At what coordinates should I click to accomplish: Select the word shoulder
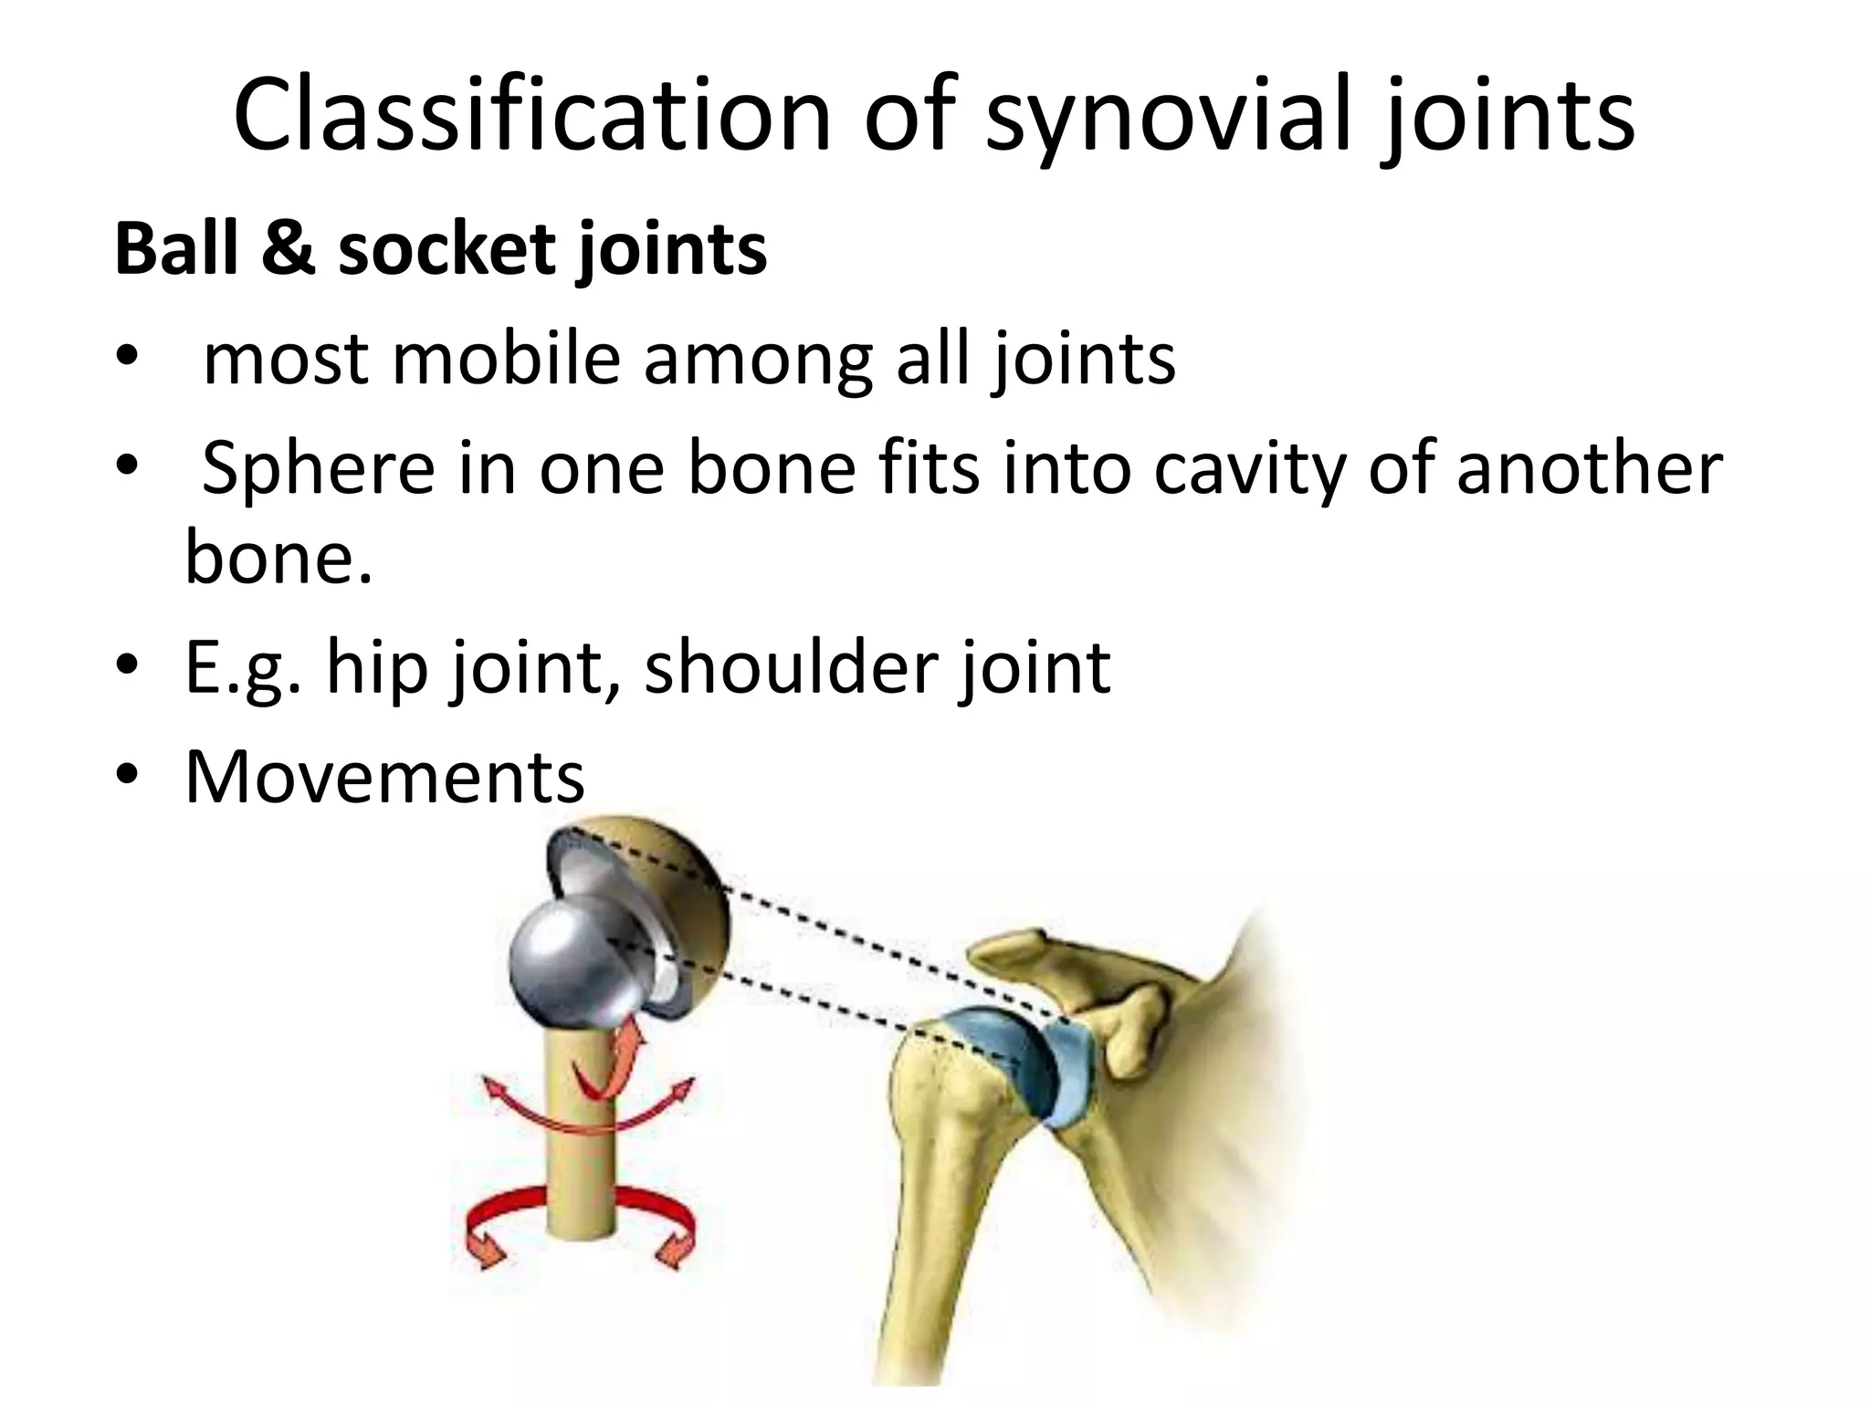click(791, 667)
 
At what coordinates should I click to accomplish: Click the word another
click(1590, 467)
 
